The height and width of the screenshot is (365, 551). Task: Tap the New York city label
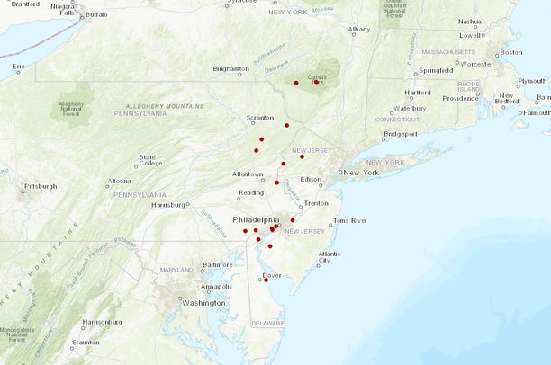[x=361, y=172]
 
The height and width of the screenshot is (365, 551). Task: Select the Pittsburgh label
[x=40, y=186]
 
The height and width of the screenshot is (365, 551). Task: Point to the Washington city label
[x=203, y=303]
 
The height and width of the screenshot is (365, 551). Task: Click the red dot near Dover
[x=266, y=280]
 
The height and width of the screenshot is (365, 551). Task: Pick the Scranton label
[x=260, y=118]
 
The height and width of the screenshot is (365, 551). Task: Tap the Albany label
[x=359, y=29]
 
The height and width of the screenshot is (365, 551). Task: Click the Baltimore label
[x=217, y=265]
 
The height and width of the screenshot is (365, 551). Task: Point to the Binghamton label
[x=230, y=68]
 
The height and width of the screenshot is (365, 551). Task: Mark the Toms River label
[x=350, y=220]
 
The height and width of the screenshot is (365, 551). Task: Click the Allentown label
[x=248, y=174]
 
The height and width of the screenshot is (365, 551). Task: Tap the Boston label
[x=510, y=52]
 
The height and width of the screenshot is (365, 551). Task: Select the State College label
[x=149, y=159]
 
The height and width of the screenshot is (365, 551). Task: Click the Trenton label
[x=316, y=203]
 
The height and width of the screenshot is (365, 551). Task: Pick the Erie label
[x=18, y=67]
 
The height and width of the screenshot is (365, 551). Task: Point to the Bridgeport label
[x=401, y=134]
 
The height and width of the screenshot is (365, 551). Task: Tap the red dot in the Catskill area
[x=316, y=82]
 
